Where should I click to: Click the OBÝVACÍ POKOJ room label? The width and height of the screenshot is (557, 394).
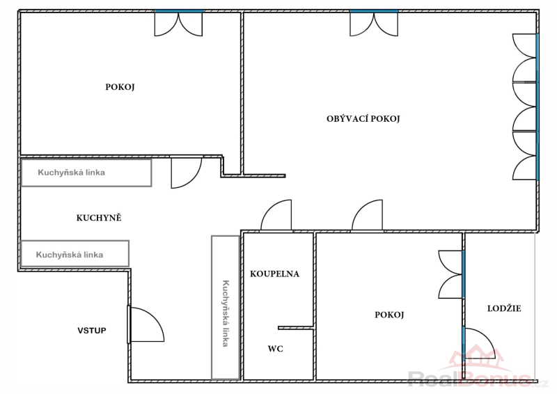tap(363, 118)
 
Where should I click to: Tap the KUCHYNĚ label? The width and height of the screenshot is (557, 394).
tap(99, 218)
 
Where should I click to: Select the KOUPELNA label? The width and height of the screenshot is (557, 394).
tap(274, 274)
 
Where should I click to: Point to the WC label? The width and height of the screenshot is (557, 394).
tap(275, 349)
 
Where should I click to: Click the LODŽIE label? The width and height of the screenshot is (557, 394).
tap(504, 308)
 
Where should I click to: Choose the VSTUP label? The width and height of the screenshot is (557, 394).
tap(92, 331)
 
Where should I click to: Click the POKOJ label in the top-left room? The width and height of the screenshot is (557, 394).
tap(120, 87)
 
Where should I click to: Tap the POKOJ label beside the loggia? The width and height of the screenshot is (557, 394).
tap(389, 315)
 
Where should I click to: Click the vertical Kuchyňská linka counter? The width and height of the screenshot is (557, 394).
tap(226, 308)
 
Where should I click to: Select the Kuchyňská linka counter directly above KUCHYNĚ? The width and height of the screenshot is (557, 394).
tap(86, 173)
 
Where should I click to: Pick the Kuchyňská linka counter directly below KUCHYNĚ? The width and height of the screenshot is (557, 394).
tap(74, 253)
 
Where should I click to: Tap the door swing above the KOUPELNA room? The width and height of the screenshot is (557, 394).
tap(276, 215)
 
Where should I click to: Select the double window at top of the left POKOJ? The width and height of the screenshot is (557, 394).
tap(178, 24)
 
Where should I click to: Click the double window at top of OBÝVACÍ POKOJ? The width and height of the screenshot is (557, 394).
tap(374, 24)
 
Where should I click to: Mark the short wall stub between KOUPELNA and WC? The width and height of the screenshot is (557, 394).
tap(296, 328)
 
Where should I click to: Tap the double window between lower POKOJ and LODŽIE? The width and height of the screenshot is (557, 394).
tap(451, 274)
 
